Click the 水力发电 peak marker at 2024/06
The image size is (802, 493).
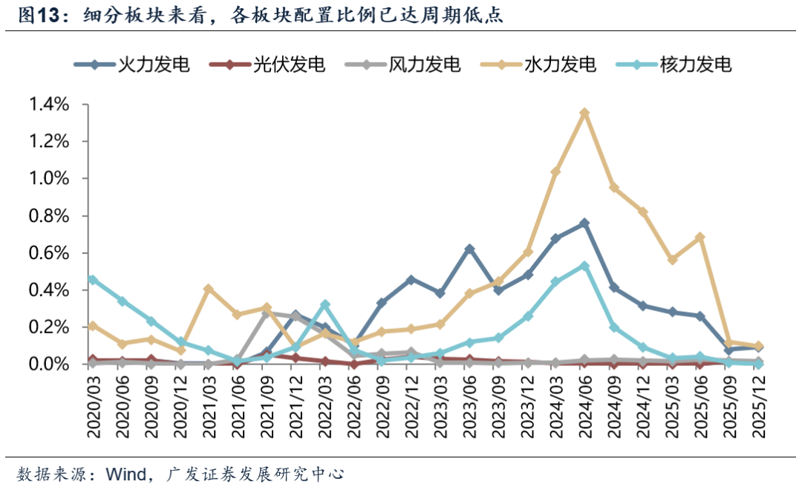(584, 113)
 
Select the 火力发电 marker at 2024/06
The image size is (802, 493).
(584, 223)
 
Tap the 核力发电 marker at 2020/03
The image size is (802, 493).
(92, 279)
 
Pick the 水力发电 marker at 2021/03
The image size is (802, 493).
(208, 288)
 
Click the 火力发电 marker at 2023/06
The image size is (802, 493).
(469, 249)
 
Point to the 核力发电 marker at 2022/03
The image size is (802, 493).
(325, 304)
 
